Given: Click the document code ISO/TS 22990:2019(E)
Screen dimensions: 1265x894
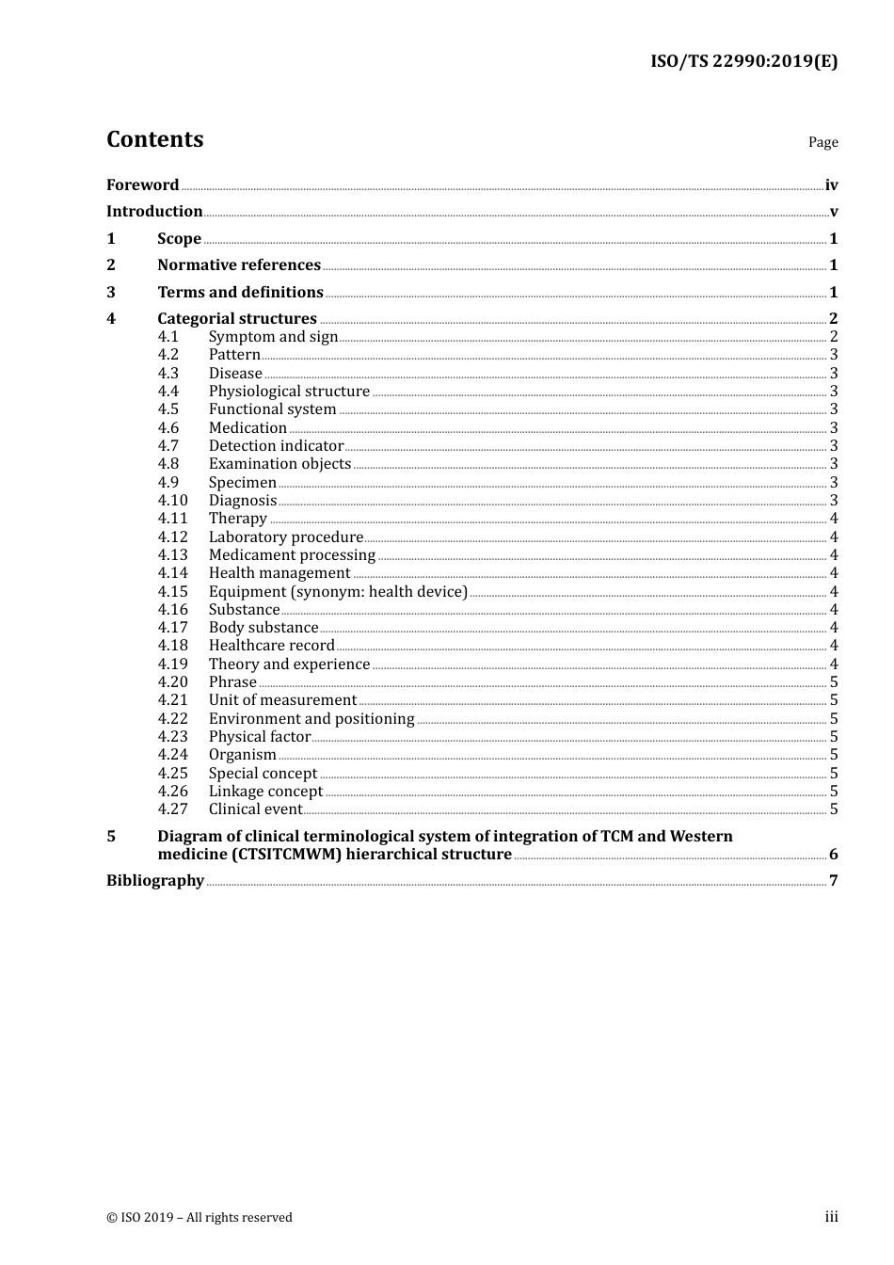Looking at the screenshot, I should pyautogui.click(x=743, y=61).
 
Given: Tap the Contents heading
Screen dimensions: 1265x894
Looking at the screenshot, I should pyautogui.click(x=154, y=139).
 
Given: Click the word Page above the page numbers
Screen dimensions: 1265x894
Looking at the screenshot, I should pyautogui.click(x=822, y=142).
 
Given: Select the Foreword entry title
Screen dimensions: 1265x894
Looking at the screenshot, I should pyautogui.click(x=142, y=185).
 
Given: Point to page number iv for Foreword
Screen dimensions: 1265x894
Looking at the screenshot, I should pyautogui.click(x=831, y=185).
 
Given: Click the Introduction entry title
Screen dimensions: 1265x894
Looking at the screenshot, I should pyautogui.click(x=154, y=212).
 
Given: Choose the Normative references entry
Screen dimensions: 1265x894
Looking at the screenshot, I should pyautogui.click(x=239, y=265).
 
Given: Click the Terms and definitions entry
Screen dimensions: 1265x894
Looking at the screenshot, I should pyautogui.click(x=240, y=293).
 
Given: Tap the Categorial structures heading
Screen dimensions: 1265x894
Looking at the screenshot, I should pyautogui.click(x=237, y=319).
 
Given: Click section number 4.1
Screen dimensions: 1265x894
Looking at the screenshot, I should pyautogui.click(x=168, y=337).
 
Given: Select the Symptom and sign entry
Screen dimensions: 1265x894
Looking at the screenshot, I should pyautogui.click(x=273, y=337).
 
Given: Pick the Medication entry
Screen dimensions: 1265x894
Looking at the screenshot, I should pyautogui.click(x=247, y=428).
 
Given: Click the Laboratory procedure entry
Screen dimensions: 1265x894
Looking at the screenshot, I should pyautogui.click(x=286, y=537).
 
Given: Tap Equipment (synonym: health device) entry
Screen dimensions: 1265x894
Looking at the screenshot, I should pyautogui.click(x=338, y=592).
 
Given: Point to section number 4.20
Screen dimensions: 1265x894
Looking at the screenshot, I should pyautogui.click(x=173, y=682).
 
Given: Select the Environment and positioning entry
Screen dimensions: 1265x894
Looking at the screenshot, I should pyautogui.click(x=311, y=719).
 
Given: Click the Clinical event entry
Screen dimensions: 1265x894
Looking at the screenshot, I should pyautogui.click(x=256, y=809).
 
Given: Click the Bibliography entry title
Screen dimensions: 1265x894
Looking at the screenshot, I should pyautogui.click(x=155, y=881).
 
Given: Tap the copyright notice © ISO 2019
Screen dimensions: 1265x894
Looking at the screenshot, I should pyautogui.click(x=200, y=1218).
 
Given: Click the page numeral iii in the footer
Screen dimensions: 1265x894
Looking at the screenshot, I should pyautogui.click(x=831, y=1217).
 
